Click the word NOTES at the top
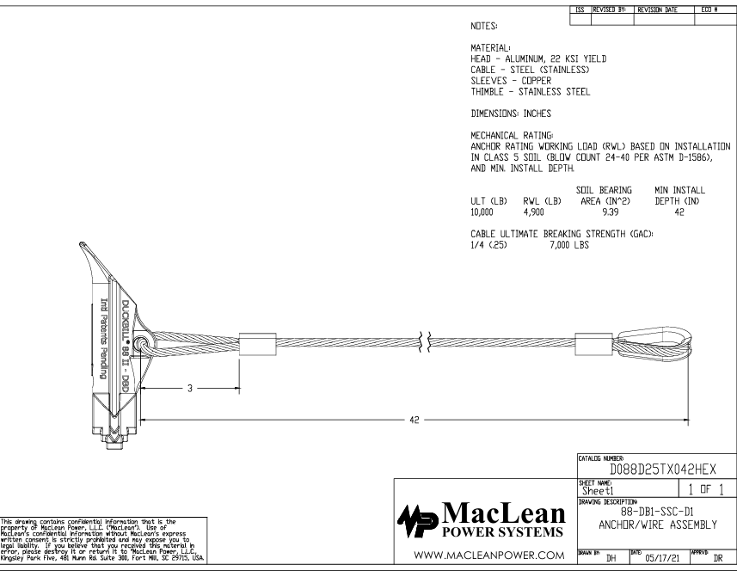(477, 27)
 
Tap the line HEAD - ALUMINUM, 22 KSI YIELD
(533, 58)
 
